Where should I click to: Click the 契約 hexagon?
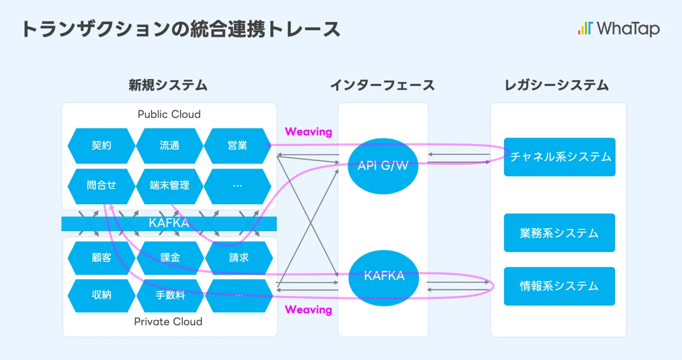(101, 145)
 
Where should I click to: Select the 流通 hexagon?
(170, 145)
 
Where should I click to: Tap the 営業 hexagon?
(237, 145)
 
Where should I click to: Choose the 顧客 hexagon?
(101, 258)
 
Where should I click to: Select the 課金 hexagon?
(170, 258)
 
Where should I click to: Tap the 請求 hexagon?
(239, 258)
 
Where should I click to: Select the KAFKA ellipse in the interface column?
(384, 276)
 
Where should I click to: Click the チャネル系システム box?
(559, 157)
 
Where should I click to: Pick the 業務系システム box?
(559, 233)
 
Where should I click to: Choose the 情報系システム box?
(559, 286)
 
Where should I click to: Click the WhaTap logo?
(619, 28)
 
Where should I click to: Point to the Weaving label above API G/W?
(308, 132)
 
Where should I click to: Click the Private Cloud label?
(168, 322)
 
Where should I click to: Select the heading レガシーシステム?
(557, 85)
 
